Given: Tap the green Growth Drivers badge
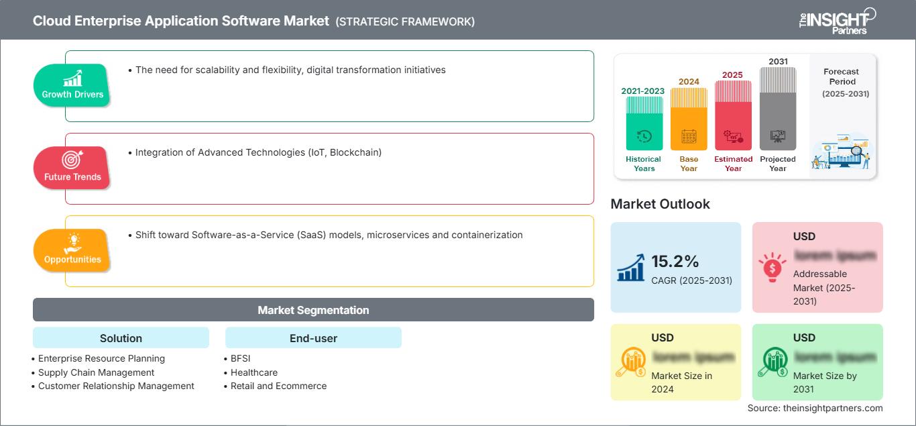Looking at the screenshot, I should click(72, 85).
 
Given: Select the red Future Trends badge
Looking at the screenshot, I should click(72, 168).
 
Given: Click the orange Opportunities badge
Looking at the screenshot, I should click(72, 250).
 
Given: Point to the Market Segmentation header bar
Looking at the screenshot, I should click(313, 310).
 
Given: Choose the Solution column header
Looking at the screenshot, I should click(121, 338).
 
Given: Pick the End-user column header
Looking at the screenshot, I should click(313, 338).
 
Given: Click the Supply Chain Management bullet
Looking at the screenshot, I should click(96, 372).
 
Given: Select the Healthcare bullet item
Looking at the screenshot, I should click(253, 372).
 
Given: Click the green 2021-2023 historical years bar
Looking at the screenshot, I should click(644, 123).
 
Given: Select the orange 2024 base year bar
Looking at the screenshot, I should click(689, 119).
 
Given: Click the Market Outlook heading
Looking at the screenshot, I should click(660, 204).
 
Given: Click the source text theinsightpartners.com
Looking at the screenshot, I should click(815, 408).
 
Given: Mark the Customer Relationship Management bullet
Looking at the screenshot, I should click(116, 386).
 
